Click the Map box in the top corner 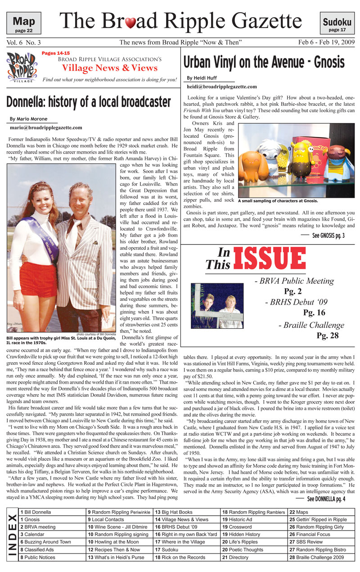pos(24,23)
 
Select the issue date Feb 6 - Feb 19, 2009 pos(326,42)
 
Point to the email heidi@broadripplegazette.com pos(222,86)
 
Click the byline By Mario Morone pos(28,119)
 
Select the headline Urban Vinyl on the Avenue pos(264,61)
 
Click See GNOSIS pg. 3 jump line pos(328,236)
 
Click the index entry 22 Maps pos(299,512)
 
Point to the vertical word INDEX pos(12,535)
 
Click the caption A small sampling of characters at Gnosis pos(278,201)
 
